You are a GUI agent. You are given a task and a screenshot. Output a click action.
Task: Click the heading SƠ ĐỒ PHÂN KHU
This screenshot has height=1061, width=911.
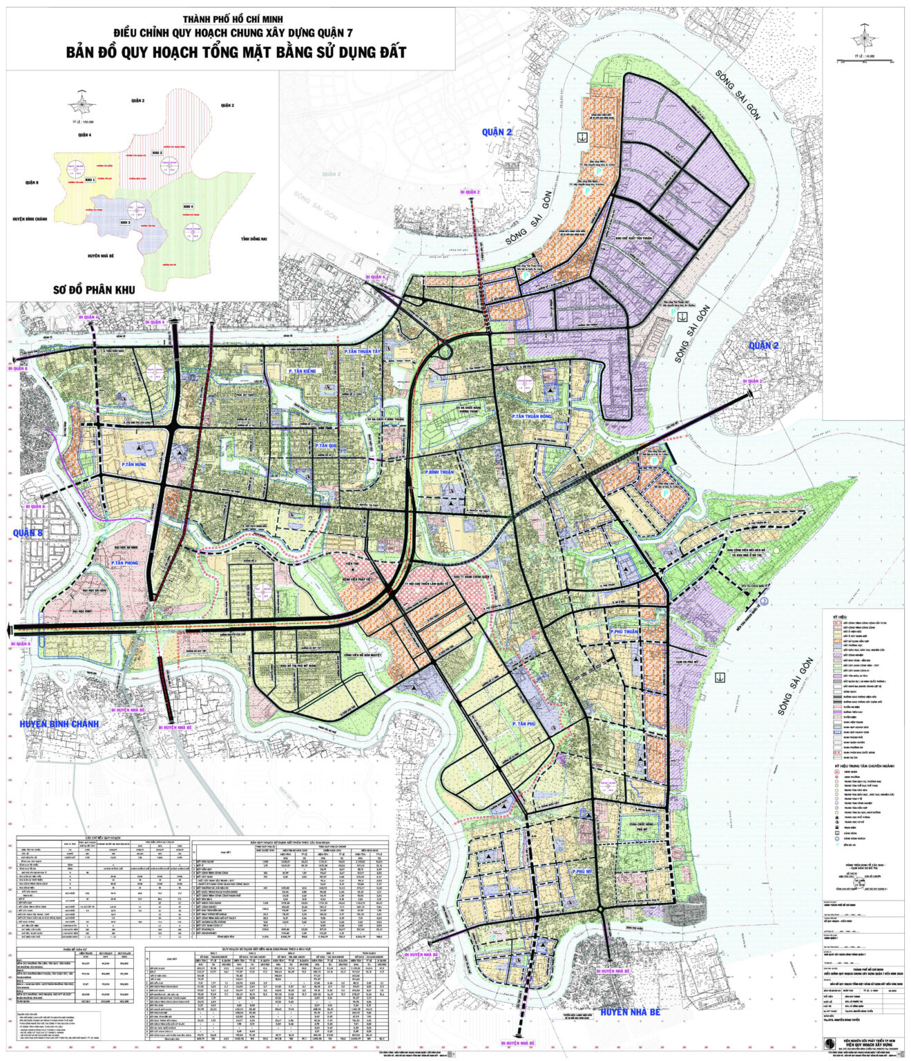pyautogui.click(x=95, y=289)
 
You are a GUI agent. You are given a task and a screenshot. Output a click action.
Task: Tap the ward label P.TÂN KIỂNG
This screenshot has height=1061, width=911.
pyautogui.click(x=302, y=372)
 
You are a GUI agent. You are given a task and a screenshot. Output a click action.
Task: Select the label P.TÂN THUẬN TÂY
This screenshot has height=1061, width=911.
pyautogui.click(x=363, y=352)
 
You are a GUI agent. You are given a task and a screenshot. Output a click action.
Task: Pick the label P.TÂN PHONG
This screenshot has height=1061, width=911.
pyautogui.click(x=124, y=564)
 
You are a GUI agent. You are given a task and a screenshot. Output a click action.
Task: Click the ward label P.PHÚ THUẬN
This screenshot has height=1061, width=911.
pyautogui.click(x=624, y=632)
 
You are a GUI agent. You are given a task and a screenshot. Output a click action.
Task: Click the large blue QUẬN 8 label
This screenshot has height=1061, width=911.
pyautogui.click(x=28, y=533)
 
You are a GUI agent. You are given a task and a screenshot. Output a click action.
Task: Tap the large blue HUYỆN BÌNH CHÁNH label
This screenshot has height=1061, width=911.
pyautogui.click(x=59, y=724)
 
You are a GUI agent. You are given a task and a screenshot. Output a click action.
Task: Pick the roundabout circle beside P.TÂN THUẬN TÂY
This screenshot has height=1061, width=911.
pyautogui.click(x=443, y=351)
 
